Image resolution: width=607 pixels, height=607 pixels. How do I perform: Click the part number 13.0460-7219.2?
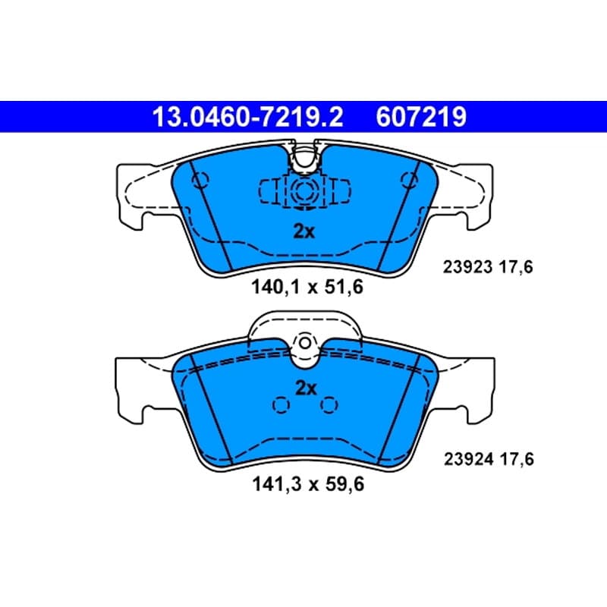tap(248, 117)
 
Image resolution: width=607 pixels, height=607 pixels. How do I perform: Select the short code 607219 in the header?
tap(421, 117)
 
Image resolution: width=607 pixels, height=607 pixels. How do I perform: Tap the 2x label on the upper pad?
tap(304, 231)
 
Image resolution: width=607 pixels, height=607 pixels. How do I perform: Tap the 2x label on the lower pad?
tap(306, 388)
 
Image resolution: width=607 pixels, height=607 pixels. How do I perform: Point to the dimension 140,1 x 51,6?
tap(307, 288)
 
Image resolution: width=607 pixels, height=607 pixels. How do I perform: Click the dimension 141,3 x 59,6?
tap(308, 484)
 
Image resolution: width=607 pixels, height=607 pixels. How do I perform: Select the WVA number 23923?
tap(467, 267)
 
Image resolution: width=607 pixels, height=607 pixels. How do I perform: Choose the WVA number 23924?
tap(468, 459)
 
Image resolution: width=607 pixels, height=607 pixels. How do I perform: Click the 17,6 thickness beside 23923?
tap(516, 267)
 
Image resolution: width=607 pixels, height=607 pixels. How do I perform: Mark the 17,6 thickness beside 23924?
tap(517, 459)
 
